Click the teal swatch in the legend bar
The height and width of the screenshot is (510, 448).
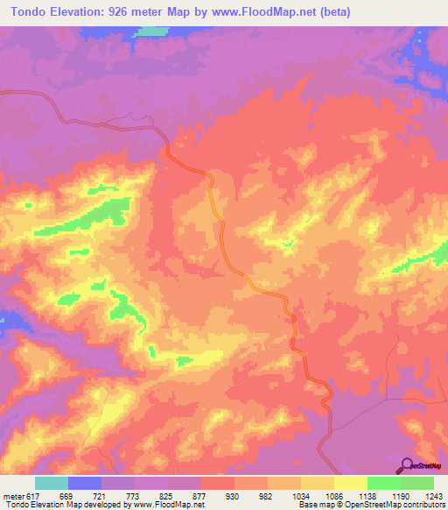click(51, 483)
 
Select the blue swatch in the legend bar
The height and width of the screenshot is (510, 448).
click(84, 483)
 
